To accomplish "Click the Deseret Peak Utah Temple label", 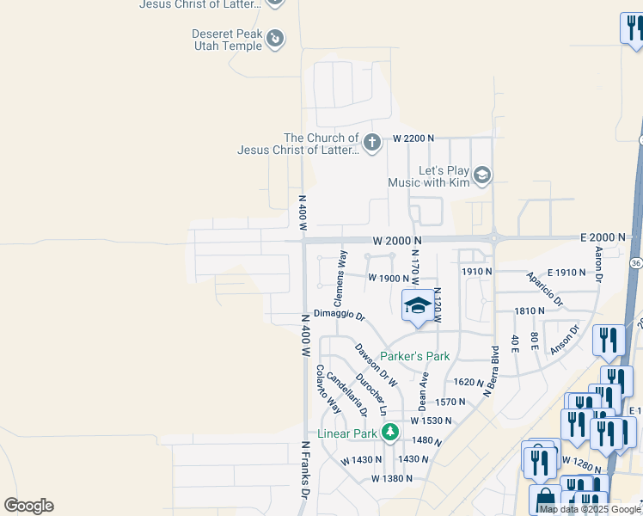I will click(227, 40).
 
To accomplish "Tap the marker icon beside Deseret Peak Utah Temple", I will click(275, 39).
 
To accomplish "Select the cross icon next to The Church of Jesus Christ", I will click(371, 143).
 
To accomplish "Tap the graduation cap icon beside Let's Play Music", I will click(482, 175).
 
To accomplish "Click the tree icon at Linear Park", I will click(390, 432).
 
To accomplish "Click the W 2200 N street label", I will click(414, 138).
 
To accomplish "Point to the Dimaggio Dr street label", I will click(339, 316).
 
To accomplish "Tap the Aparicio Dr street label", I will click(544, 291).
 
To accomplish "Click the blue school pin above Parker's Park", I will click(418, 307).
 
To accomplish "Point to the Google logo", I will click(28, 506).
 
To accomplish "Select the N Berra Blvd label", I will click(493, 371).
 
